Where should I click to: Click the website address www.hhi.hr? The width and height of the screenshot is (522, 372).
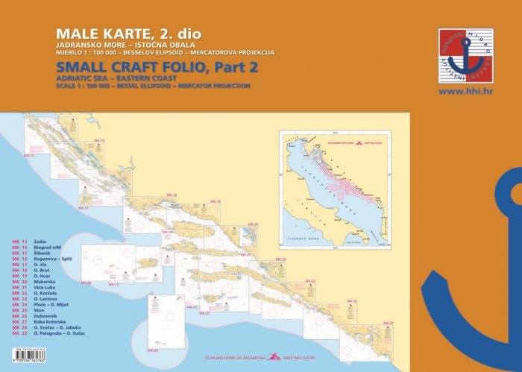point(465,92)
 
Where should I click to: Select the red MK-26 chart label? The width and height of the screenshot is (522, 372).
point(352,300)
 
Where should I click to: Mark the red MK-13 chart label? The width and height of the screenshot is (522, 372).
point(29,156)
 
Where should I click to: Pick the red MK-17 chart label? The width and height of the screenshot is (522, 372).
point(114,284)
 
